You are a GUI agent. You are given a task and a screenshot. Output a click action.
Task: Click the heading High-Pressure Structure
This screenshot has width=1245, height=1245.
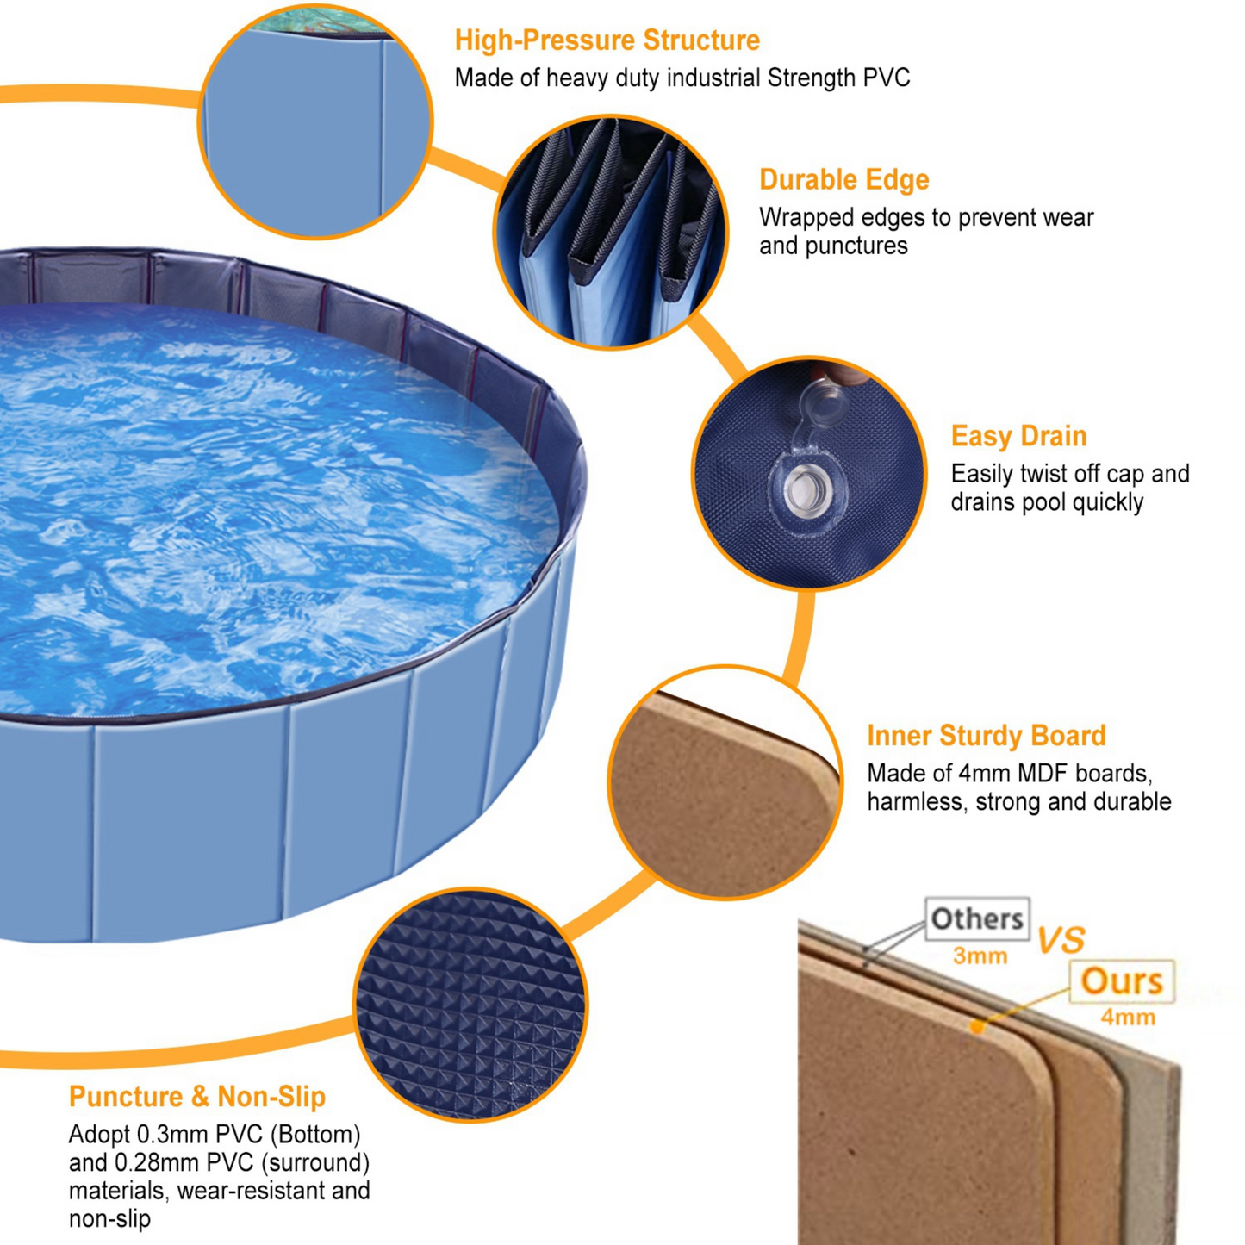point(607,40)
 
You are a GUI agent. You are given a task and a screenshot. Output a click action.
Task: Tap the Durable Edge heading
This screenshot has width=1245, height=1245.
point(843,180)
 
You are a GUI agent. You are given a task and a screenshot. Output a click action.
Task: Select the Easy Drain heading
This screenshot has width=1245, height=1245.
point(1018,436)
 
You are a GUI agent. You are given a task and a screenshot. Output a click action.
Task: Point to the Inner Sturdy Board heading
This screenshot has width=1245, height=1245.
point(986,736)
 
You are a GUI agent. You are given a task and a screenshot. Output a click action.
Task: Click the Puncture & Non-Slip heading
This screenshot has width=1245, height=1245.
point(197,1097)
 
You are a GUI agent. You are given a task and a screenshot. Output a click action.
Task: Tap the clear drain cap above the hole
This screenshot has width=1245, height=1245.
point(823,402)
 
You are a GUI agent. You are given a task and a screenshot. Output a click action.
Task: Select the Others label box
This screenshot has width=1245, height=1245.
point(977,918)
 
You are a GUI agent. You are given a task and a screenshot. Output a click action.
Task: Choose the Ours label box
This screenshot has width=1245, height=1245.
point(1121,980)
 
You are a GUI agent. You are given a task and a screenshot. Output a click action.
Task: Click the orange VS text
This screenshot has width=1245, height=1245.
point(1061,940)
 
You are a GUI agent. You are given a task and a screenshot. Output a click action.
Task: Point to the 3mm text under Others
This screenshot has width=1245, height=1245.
point(980,956)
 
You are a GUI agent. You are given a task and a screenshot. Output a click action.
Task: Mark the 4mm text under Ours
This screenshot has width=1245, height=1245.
point(1128,1018)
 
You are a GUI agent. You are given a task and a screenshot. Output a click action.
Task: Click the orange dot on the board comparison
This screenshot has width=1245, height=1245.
point(977,1026)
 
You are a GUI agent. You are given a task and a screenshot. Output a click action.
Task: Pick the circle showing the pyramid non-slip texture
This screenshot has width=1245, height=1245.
point(471,1005)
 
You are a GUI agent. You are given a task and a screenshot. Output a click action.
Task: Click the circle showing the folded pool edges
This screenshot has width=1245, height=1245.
point(610,233)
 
